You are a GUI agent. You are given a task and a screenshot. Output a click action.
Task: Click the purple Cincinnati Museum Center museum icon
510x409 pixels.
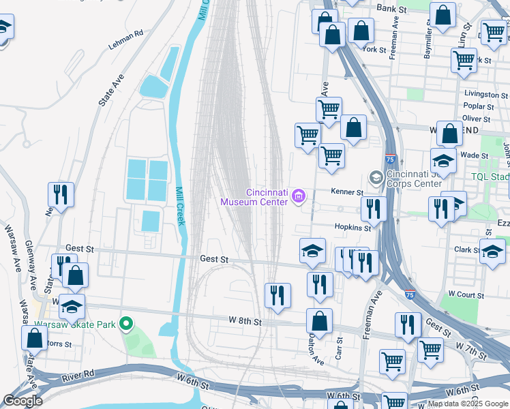[297, 197]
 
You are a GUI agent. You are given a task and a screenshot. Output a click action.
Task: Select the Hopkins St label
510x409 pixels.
[352, 227]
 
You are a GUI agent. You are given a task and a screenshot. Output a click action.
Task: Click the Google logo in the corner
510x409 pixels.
[22, 401]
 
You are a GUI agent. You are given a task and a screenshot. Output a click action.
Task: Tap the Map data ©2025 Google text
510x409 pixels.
[468, 404]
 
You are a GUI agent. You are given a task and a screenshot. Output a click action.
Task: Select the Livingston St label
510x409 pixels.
[486, 93]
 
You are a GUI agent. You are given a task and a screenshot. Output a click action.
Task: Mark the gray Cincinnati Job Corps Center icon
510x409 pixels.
[375, 178]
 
